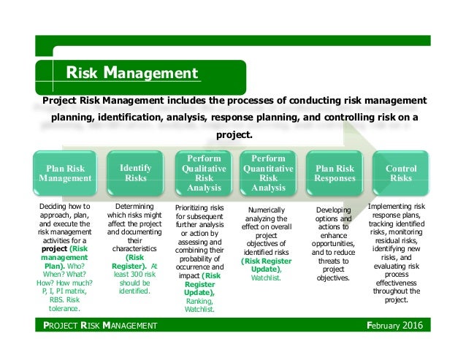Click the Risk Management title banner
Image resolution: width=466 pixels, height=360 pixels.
pyautogui.click(x=132, y=73)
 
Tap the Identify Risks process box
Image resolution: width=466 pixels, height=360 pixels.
pyautogui.click(x=135, y=172)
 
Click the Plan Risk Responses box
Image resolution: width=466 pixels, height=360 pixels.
pyautogui.click(x=335, y=172)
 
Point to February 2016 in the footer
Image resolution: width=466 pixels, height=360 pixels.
pyautogui.click(x=397, y=325)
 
